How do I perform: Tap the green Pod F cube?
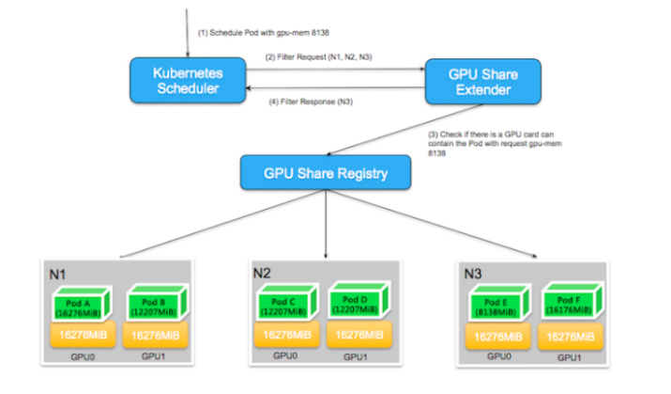[x=568, y=307]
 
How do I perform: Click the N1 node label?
[x=57, y=274]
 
